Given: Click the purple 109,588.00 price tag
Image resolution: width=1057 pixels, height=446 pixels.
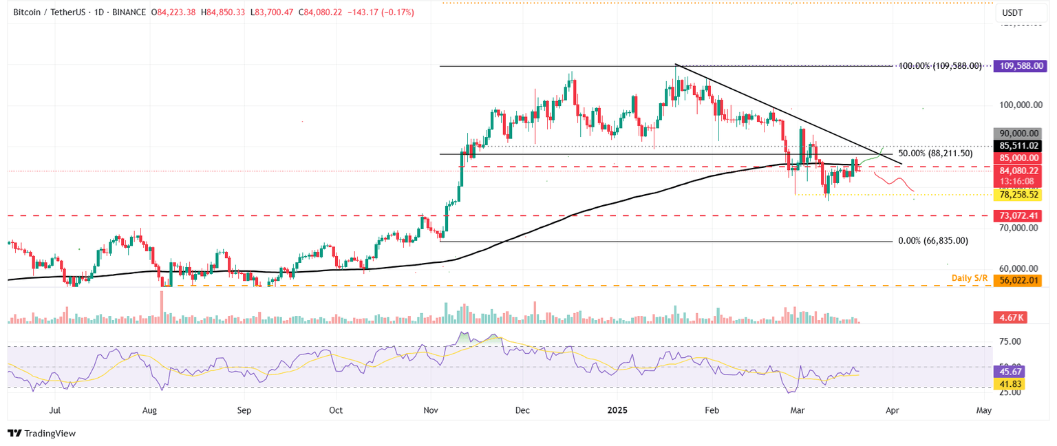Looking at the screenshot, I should (1018, 66).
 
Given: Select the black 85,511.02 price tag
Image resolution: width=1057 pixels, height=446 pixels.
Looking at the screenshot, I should (1018, 146).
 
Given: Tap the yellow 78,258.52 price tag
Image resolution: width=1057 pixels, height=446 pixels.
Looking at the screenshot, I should (1018, 195).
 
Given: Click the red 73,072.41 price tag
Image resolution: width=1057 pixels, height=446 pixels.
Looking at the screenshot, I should (1018, 216).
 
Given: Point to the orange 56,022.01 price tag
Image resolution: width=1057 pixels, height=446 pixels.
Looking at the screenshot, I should (1018, 280).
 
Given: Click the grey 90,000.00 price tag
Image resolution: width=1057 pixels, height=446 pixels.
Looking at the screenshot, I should (1018, 134).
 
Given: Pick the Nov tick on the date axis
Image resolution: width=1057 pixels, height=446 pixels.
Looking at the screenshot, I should (430, 410).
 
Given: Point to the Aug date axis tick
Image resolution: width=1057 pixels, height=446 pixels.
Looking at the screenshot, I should (149, 410).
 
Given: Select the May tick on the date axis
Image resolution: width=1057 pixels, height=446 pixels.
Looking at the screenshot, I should (983, 410).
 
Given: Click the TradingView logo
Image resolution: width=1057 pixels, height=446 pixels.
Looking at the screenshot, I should (41, 434).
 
